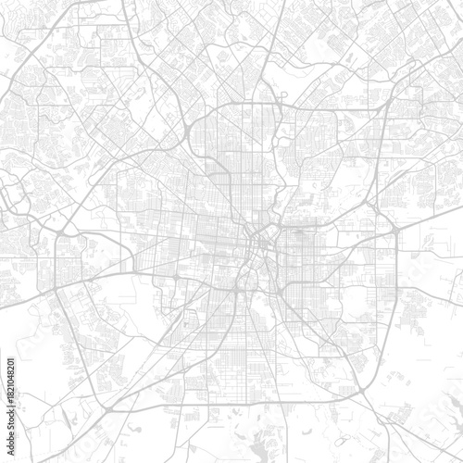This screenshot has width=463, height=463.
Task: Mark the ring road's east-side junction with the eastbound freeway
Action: (395, 227)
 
